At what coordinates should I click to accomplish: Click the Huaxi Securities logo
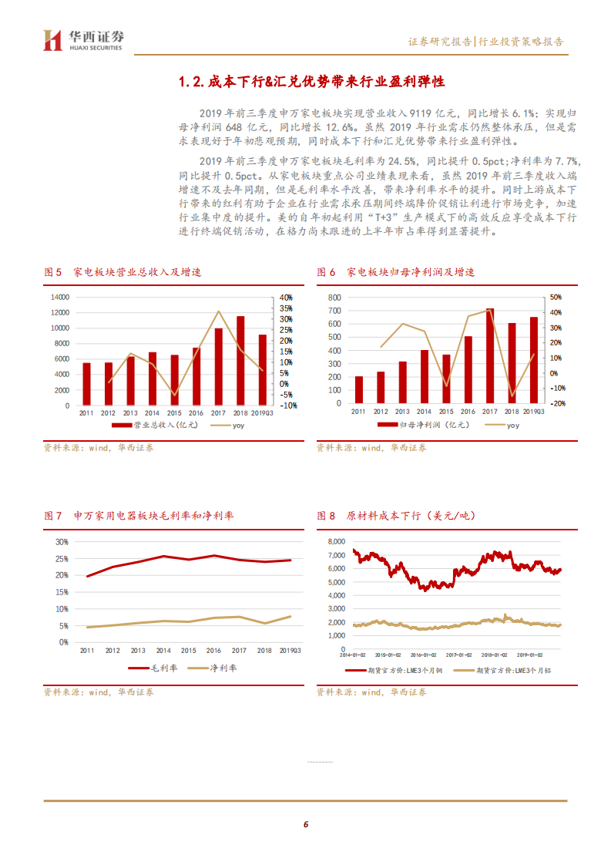(83, 40)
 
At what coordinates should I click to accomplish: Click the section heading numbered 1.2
(311, 82)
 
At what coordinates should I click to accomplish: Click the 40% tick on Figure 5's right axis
(285, 297)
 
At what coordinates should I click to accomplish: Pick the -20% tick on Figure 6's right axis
(556, 403)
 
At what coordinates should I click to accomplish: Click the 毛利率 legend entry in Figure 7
(154, 668)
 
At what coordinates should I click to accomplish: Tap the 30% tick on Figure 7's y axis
(62, 541)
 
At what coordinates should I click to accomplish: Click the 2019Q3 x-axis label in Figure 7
(291, 651)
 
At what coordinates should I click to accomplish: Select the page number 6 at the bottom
(306, 824)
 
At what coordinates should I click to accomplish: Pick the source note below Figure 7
(99, 692)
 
